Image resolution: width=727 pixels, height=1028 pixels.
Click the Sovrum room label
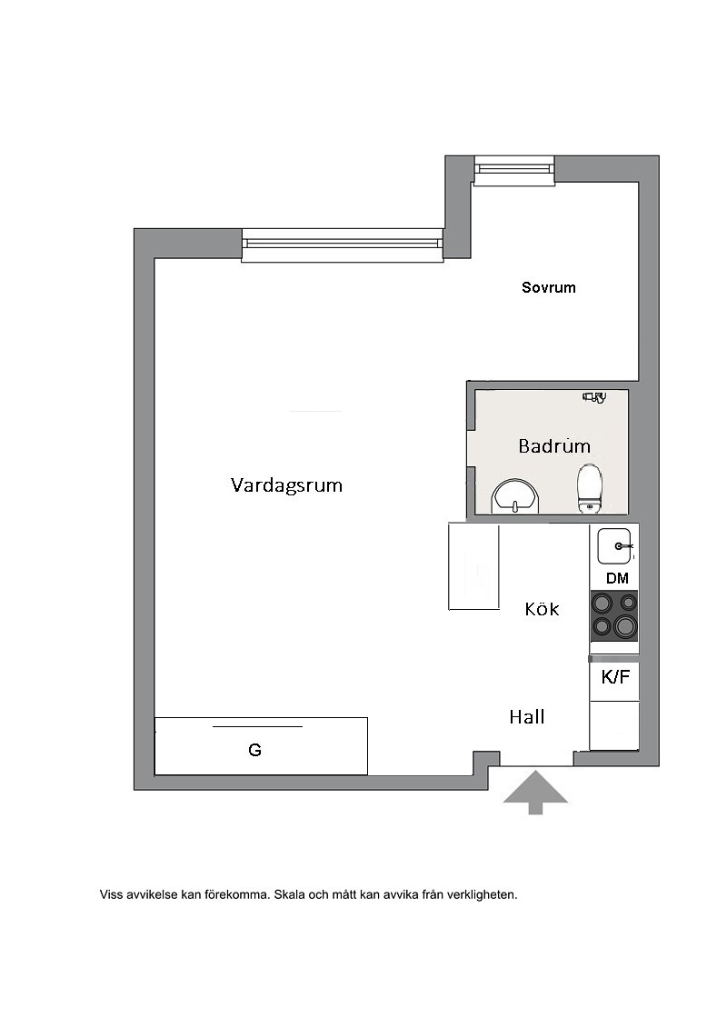coord(548,287)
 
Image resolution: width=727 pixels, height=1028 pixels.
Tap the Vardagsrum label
coord(286,485)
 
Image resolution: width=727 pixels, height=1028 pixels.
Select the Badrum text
coord(554,446)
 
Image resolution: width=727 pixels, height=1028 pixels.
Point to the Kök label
coord(542,609)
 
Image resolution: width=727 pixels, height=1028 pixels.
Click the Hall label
coord(527,717)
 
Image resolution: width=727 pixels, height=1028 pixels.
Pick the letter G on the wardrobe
coord(255,750)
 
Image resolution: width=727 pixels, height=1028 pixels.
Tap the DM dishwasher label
coord(618,578)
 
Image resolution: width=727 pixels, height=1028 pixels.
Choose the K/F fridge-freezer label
coord(615,676)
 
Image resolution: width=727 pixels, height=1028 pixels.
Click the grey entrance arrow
coord(535,792)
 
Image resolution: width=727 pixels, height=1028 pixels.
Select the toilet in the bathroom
coord(590,488)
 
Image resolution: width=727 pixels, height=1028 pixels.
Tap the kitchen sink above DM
coord(615,546)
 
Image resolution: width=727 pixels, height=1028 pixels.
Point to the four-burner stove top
coord(614,616)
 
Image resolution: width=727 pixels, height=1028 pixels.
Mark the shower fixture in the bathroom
coord(594,396)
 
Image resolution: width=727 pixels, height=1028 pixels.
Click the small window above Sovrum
coord(514,169)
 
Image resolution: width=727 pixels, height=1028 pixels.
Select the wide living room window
coord(343,244)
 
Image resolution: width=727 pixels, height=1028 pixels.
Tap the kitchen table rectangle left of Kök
coord(474,566)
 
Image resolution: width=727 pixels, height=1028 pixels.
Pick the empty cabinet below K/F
coord(614,725)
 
